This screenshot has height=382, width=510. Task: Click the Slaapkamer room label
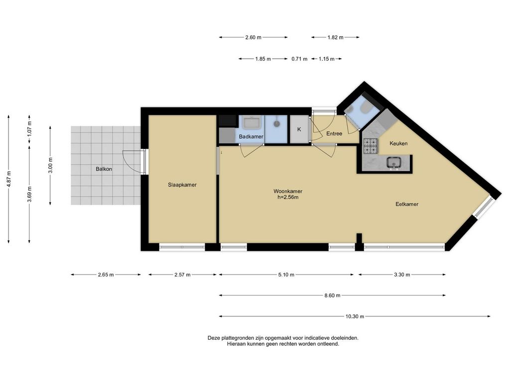(x=182, y=185)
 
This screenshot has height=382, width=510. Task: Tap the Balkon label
(x=104, y=169)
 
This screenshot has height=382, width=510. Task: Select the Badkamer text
(x=251, y=137)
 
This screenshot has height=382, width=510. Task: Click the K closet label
(x=299, y=129)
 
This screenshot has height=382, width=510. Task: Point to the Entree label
(x=334, y=133)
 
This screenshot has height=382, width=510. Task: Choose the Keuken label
(x=398, y=143)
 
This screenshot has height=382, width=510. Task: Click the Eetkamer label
(x=407, y=204)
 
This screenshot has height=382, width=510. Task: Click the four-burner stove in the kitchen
(x=371, y=146)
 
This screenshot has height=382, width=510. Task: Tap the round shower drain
(x=277, y=123)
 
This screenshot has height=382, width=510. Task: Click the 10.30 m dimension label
(x=355, y=316)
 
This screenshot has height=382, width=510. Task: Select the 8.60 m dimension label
(x=332, y=295)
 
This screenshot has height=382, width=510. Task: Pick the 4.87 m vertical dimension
(x=9, y=179)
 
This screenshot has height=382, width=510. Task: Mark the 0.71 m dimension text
(x=299, y=59)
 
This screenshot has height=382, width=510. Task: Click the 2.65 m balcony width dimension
(x=106, y=275)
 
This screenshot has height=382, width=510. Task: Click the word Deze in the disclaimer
(x=214, y=338)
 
